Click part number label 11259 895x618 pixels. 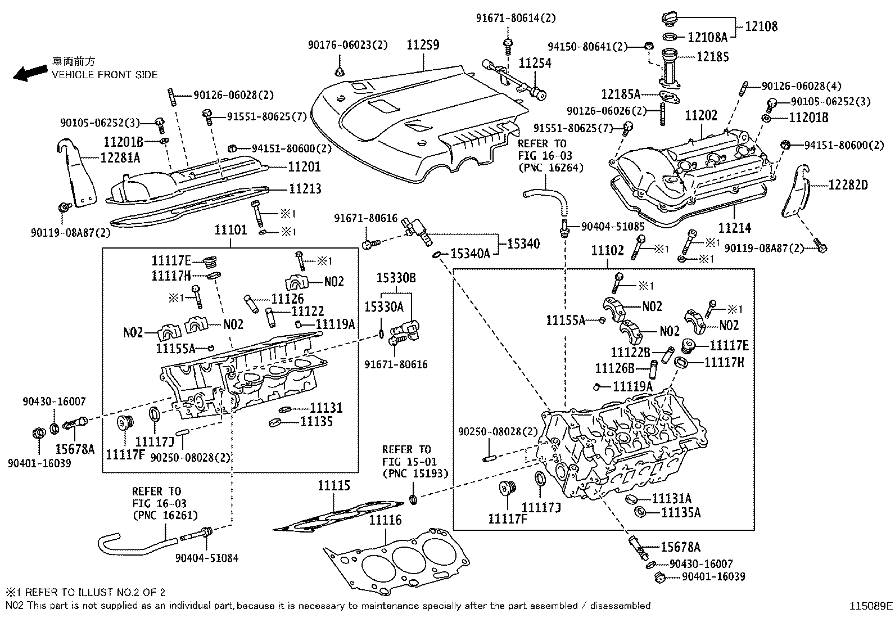[423, 45]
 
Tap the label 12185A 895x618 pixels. [621, 94]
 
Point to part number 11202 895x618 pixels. [701, 116]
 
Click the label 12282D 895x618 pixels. [847, 184]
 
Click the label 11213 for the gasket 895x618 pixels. [305, 188]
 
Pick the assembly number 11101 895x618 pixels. [230, 230]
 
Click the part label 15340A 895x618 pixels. [471, 254]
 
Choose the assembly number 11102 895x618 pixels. [607, 251]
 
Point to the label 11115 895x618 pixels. [333, 485]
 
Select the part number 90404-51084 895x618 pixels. [206, 558]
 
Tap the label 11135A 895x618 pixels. [681, 512]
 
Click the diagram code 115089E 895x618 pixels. [870, 606]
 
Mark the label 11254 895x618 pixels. [535, 63]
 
